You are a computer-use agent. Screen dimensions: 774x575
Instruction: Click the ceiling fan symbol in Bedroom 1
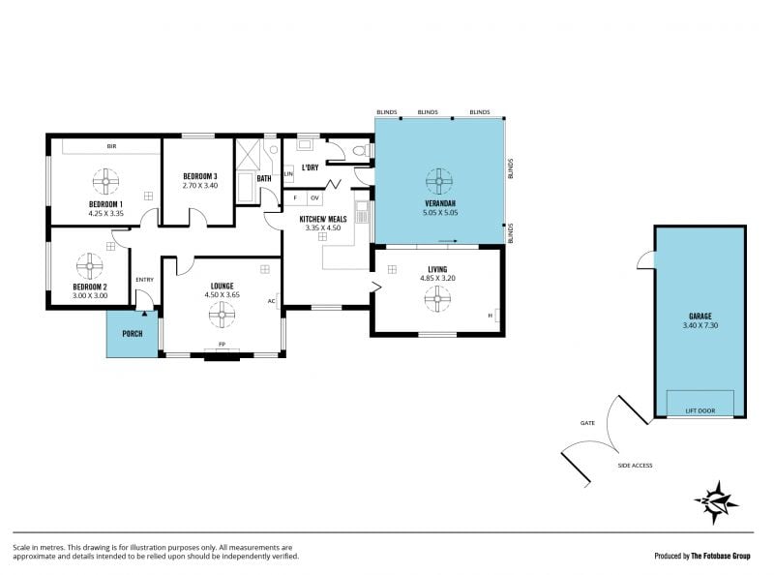pyautogui.click(x=105, y=181)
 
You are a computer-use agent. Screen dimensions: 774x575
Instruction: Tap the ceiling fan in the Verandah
pyautogui.click(x=439, y=181)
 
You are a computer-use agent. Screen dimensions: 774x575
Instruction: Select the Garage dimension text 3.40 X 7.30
pyautogui.click(x=700, y=325)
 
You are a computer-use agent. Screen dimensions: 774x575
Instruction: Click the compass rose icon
pyautogui.click(x=716, y=502)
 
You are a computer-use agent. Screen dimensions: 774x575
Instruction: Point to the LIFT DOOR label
pyautogui.click(x=700, y=410)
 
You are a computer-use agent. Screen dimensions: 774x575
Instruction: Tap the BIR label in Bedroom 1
pyautogui.click(x=111, y=146)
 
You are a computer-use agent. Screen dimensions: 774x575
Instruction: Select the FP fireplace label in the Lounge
pyautogui.click(x=223, y=344)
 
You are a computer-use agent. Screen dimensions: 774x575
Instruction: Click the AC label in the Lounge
pyautogui.click(x=271, y=301)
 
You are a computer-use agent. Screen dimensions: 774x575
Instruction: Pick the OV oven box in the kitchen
pyautogui.click(x=315, y=198)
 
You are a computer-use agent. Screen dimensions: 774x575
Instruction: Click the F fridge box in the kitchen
pyautogui.click(x=296, y=198)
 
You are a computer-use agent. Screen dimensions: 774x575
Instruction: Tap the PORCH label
pyautogui.click(x=133, y=334)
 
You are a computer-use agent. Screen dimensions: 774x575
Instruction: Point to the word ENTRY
pyautogui.click(x=144, y=280)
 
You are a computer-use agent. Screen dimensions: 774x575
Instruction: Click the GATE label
pyautogui.click(x=587, y=423)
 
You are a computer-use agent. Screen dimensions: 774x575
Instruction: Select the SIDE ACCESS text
pyautogui.click(x=635, y=466)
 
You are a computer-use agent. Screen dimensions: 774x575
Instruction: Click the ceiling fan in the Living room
pyautogui.click(x=437, y=299)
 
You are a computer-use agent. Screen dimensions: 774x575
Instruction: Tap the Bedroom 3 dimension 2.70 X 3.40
pyautogui.click(x=200, y=186)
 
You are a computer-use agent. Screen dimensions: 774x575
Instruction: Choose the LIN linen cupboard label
pyautogui.click(x=288, y=174)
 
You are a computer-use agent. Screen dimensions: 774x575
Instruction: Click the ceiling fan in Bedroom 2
pyautogui.click(x=90, y=266)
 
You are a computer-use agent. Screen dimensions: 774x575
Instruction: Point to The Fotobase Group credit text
pyautogui.click(x=720, y=556)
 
